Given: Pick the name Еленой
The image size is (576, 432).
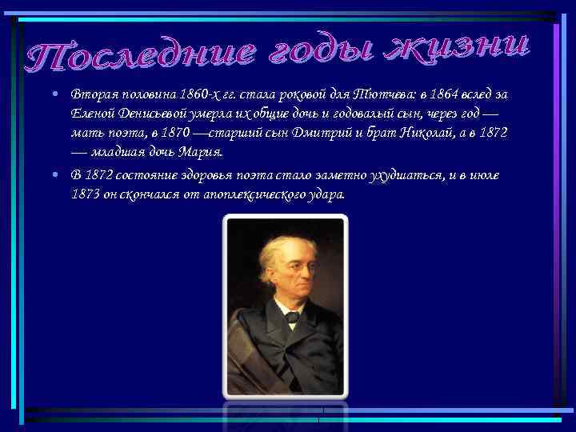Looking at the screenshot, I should pyautogui.click(x=90, y=113).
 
